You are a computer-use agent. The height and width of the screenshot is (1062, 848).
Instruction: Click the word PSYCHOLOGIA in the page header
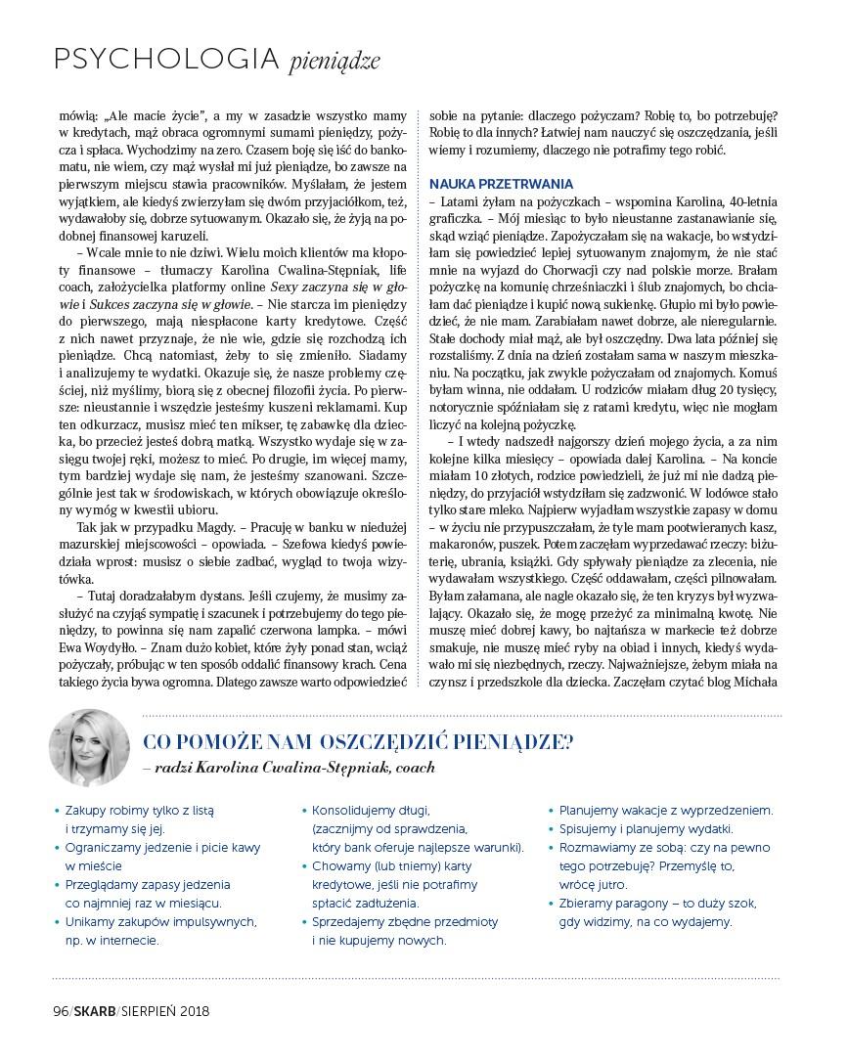166,60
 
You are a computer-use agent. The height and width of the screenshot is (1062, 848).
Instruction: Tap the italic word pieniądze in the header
334,63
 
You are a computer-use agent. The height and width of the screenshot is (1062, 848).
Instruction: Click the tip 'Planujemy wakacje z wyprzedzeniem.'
665,810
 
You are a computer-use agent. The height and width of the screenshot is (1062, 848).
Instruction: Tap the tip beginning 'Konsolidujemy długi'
372,810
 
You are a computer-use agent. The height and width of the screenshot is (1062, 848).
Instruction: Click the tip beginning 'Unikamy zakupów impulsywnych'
160,921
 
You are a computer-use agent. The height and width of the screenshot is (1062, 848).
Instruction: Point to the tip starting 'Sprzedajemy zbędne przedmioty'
405,921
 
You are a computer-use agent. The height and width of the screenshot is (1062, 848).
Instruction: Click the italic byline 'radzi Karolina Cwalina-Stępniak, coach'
294,769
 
